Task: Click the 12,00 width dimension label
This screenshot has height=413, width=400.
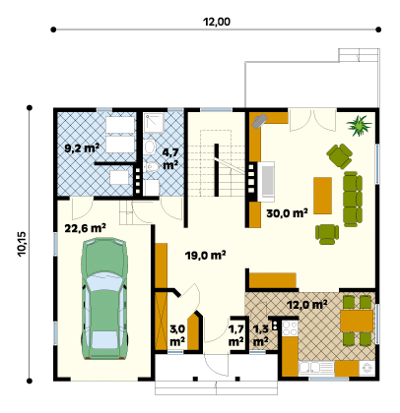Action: coord(217,22)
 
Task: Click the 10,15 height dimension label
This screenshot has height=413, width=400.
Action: coord(23,244)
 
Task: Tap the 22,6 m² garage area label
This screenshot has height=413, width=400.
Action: coord(85,228)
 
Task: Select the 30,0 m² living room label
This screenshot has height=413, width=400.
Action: coord(287,213)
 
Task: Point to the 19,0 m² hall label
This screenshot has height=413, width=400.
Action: coord(206,255)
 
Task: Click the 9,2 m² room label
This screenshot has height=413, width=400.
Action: coord(82,148)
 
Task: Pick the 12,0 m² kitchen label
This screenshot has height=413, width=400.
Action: coord(307,305)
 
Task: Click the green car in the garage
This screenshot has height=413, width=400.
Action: coord(104,299)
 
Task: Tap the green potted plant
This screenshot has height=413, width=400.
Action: coord(359,125)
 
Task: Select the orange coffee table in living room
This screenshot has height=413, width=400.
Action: coord(322,196)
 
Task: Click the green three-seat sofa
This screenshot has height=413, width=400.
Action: coord(353,199)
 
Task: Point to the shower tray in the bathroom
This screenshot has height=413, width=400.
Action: coord(154,123)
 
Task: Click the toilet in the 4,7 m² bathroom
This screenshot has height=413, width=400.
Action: coord(151,147)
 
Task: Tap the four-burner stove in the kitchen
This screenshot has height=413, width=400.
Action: coord(290,328)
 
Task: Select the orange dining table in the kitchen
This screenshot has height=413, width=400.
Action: coord(357,321)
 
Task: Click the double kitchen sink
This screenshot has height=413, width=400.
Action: coord(309,368)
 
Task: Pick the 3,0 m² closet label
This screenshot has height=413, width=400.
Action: coord(177,335)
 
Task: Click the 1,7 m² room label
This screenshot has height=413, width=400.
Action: coord(235,335)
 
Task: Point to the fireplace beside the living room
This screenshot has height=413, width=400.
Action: coord(266,181)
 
